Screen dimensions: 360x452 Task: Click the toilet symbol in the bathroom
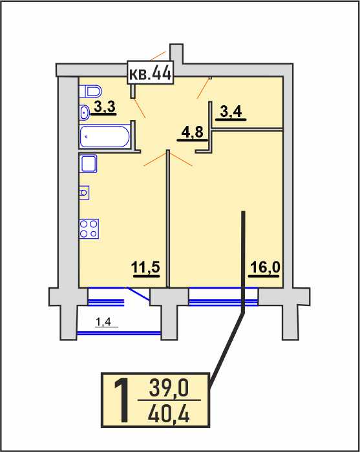(x=90, y=92)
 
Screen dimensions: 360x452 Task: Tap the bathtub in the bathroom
(x=105, y=136)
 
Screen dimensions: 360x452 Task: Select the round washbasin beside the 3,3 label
(x=84, y=112)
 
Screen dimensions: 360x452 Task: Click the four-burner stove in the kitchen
(x=89, y=229)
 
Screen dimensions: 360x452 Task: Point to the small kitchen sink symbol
(x=84, y=192)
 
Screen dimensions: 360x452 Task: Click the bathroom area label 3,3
(x=104, y=108)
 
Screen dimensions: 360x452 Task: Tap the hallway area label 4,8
(x=193, y=134)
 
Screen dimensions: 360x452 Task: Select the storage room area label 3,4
(x=231, y=112)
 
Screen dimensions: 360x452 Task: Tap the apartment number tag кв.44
(x=151, y=72)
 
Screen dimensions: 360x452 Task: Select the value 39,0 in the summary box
(x=169, y=387)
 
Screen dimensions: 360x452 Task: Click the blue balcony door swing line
(x=138, y=294)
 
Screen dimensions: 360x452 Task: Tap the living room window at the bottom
(x=223, y=296)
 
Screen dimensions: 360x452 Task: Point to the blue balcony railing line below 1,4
(x=119, y=333)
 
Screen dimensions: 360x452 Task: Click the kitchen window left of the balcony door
(x=106, y=296)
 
